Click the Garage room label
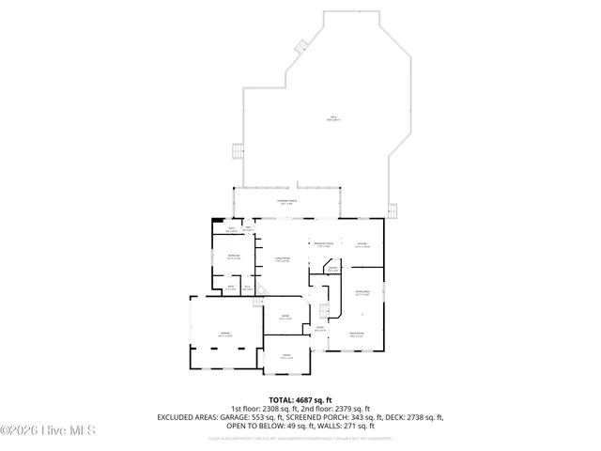(x=225, y=334)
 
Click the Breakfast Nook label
(x=324, y=244)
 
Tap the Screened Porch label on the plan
(x=287, y=202)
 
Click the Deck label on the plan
(x=333, y=118)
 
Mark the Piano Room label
(x=357, y=334)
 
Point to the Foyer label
(x=319, y=328)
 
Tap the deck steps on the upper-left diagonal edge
(x=300, y=45)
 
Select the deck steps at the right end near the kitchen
(x=394, y=210)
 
